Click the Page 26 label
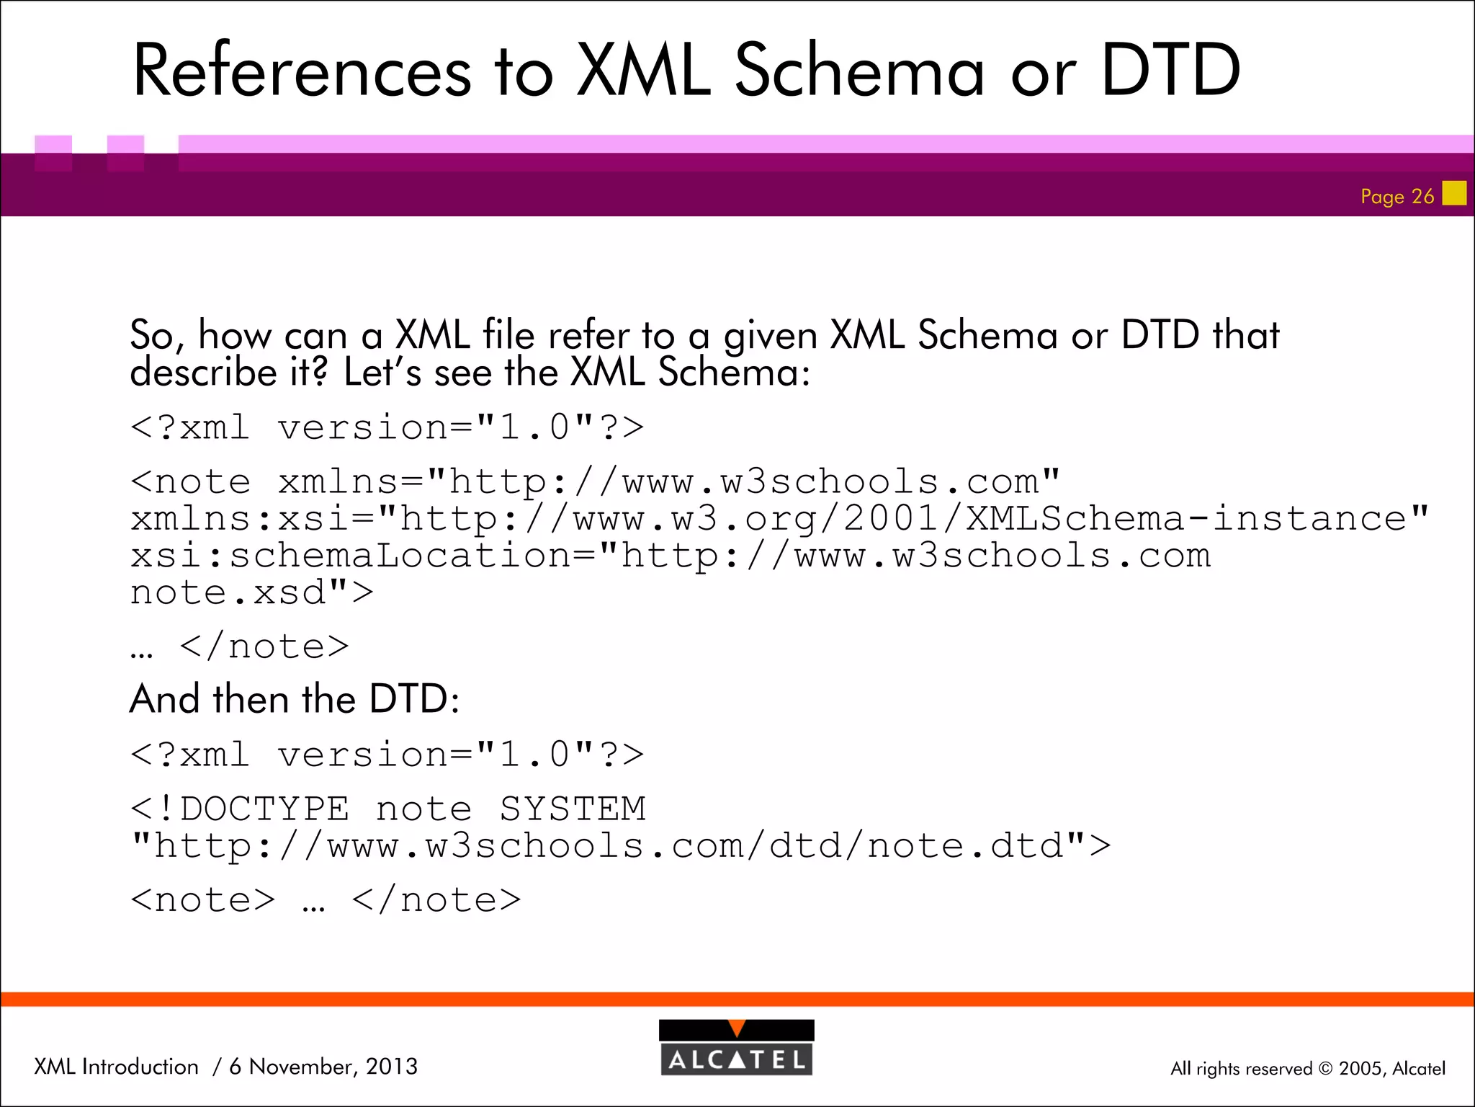click(x=1396, y=196)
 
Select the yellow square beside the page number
click(x=1454, y=193)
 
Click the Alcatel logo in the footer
click(x=736, y=1047)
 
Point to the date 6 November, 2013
click(x=323, y=1066)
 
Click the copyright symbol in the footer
click(x=1325, y=1069)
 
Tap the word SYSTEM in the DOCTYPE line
click(x=573, y=809)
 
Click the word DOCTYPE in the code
click(x=264, y=809)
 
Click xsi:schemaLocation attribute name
click(x=351, y=556)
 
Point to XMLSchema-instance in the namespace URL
click(x=1185, y=518)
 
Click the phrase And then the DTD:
click(x=295, y=698)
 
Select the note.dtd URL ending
click(x=965, y=845)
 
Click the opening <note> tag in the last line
click(x=203, y=899)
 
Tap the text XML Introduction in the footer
click(x=116, y=1066)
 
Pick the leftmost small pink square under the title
click(x=53, y=152)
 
